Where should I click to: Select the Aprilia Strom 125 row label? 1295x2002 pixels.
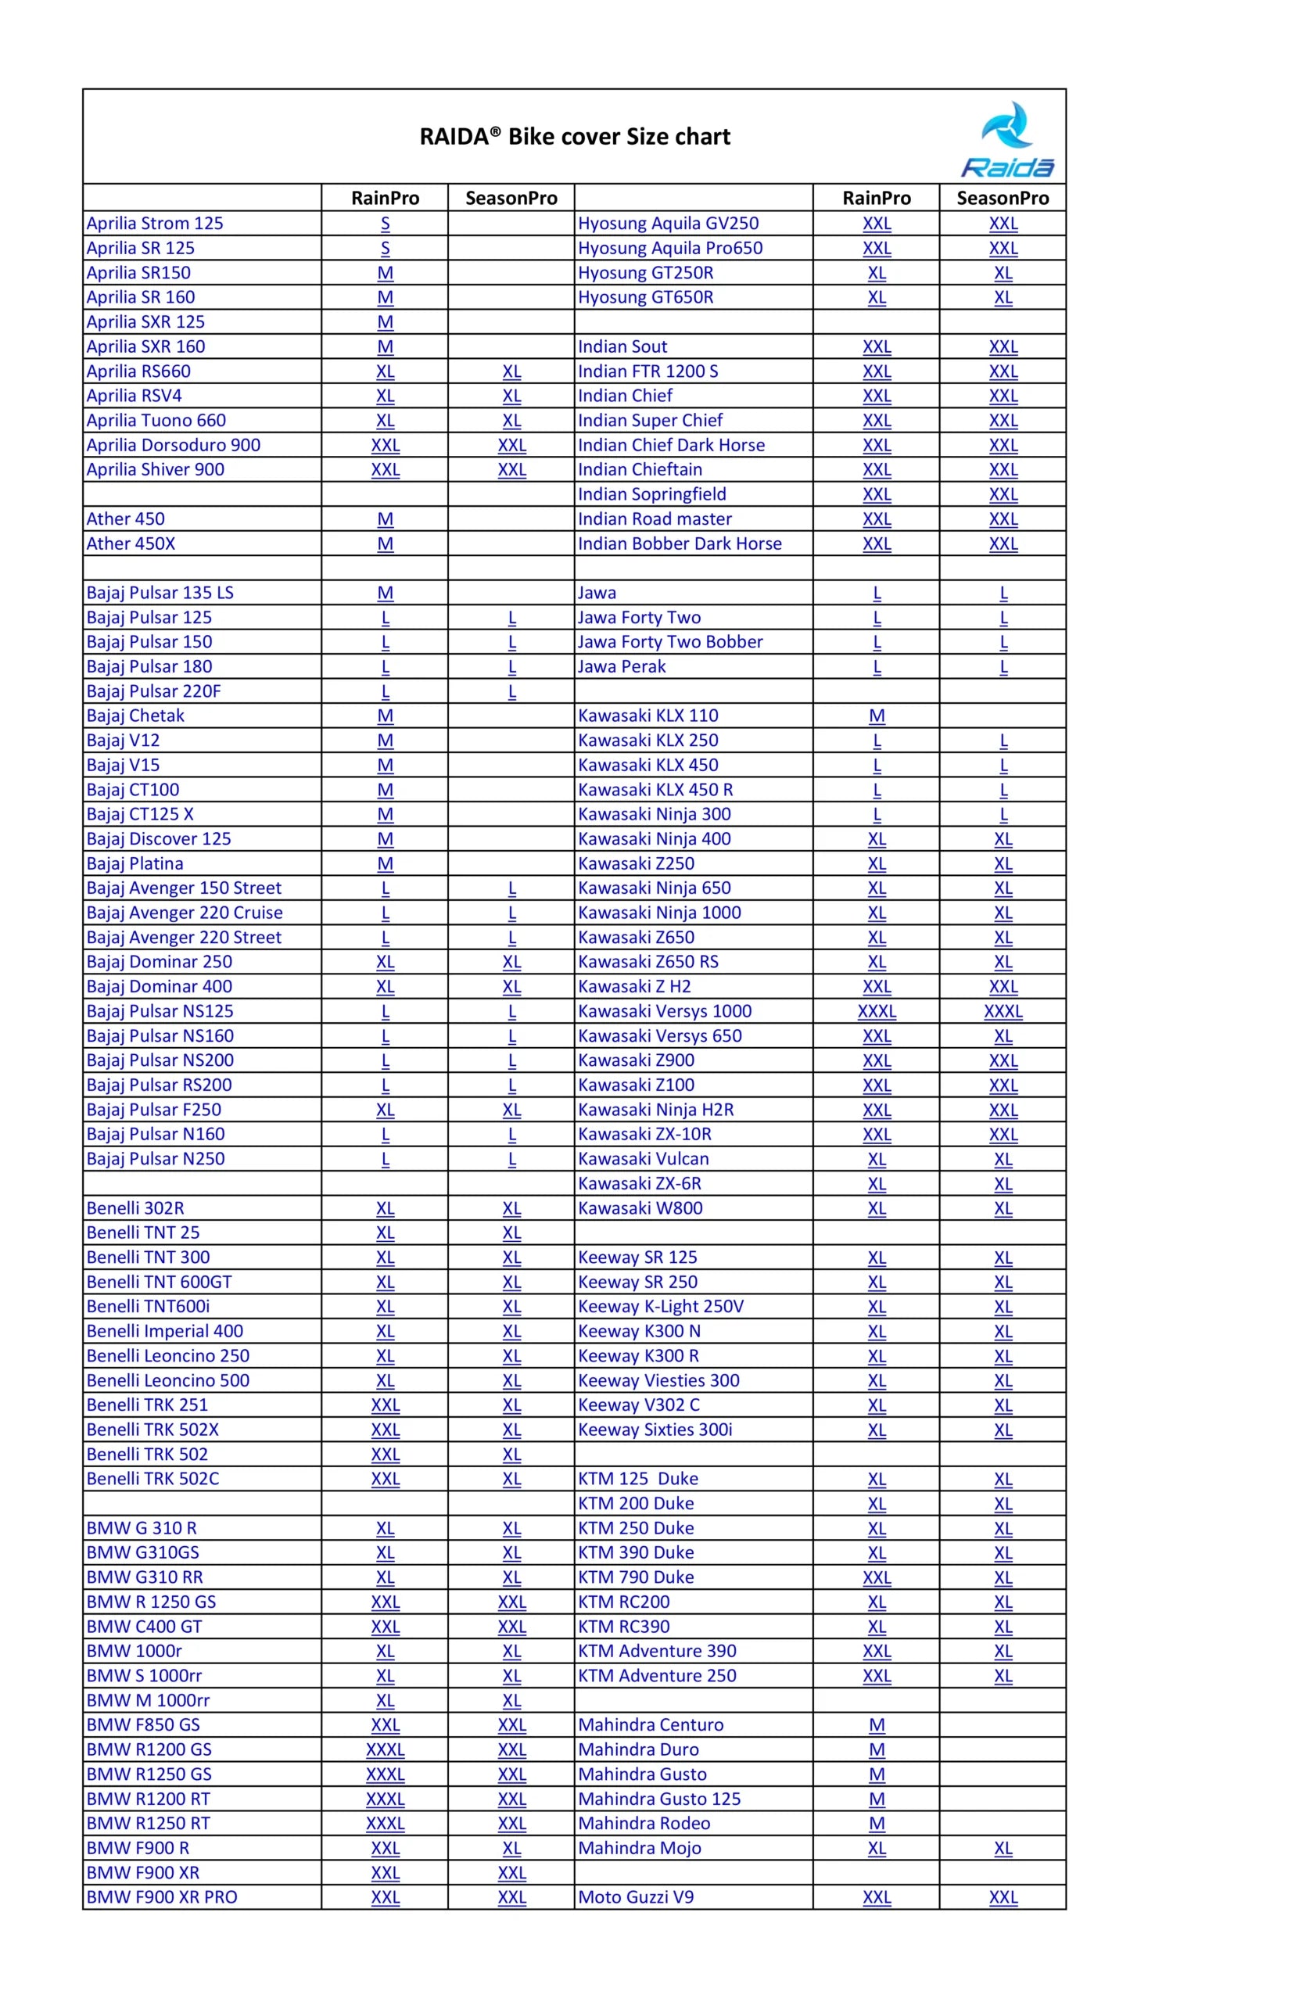click(x=155, y=223)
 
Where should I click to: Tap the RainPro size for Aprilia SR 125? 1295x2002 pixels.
click(x=385, y=248)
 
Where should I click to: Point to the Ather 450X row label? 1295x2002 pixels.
click(x=131, y=544)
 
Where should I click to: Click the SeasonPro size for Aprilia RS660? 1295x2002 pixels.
click(x=511, y=371)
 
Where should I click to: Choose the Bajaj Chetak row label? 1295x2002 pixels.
click(x=135, y=716)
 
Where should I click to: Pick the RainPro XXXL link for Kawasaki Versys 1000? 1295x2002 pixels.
click(x=876, y=1010)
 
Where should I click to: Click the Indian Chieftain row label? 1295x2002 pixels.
click(x=639, y=469)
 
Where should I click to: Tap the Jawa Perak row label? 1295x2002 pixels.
click(x=622, y=666)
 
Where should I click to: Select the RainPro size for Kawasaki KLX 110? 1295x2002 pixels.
click(x=876, y=716)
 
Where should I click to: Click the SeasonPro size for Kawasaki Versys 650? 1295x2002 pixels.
click(x=1003, y=1036)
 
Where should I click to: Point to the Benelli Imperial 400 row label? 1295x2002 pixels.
click(x=165, y=1331)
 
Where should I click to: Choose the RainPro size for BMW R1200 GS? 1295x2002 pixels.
click(x=385, y=1749)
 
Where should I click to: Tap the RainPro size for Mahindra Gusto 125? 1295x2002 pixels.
click(x=876, y=1799)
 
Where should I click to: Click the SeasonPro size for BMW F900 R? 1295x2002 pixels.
click(x=511, y=1848)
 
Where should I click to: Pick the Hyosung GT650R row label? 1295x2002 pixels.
click(x=645, y=297)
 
